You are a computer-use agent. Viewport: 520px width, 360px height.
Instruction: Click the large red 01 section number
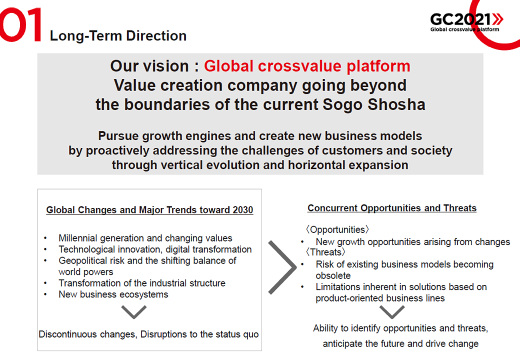pyautogui.click(x=20, y=25)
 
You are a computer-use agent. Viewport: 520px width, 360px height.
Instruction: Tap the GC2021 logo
pyautogui.click(x=466, y=22)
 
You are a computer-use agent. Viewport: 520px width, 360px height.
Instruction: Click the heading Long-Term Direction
pyautogui.click(x=118, y=36)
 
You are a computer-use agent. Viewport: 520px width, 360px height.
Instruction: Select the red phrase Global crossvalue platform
pyautogui.click(x=307, y=66)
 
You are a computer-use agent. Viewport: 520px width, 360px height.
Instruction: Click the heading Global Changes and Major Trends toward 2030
pyautogui.click(x=149, y=210)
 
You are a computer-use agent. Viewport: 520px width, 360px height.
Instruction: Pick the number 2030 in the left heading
pyautogui.click(x=243, y=210)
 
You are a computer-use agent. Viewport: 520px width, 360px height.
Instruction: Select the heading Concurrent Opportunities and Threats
pyautogui.click(x=392, y=208)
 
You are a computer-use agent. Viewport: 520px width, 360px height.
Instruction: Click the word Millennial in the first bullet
pyautogui.click(x=78, y=238)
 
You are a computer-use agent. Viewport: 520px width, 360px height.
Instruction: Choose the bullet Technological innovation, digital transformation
pyautogui.click(x=155, y=249)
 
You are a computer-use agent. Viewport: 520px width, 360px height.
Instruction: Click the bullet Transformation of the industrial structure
pyautogui.click(x=142, y=283)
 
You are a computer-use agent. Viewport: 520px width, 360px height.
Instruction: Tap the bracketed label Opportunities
pyautogui.click(x=337, y=229)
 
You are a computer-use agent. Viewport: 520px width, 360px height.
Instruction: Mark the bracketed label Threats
pyautogui.click(x=325, y=252)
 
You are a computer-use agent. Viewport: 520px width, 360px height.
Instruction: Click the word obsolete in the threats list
pyautogui.click(x=333, y=276)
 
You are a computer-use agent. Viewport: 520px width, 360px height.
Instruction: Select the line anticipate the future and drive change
pyautogui.click(x=400, y=344)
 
